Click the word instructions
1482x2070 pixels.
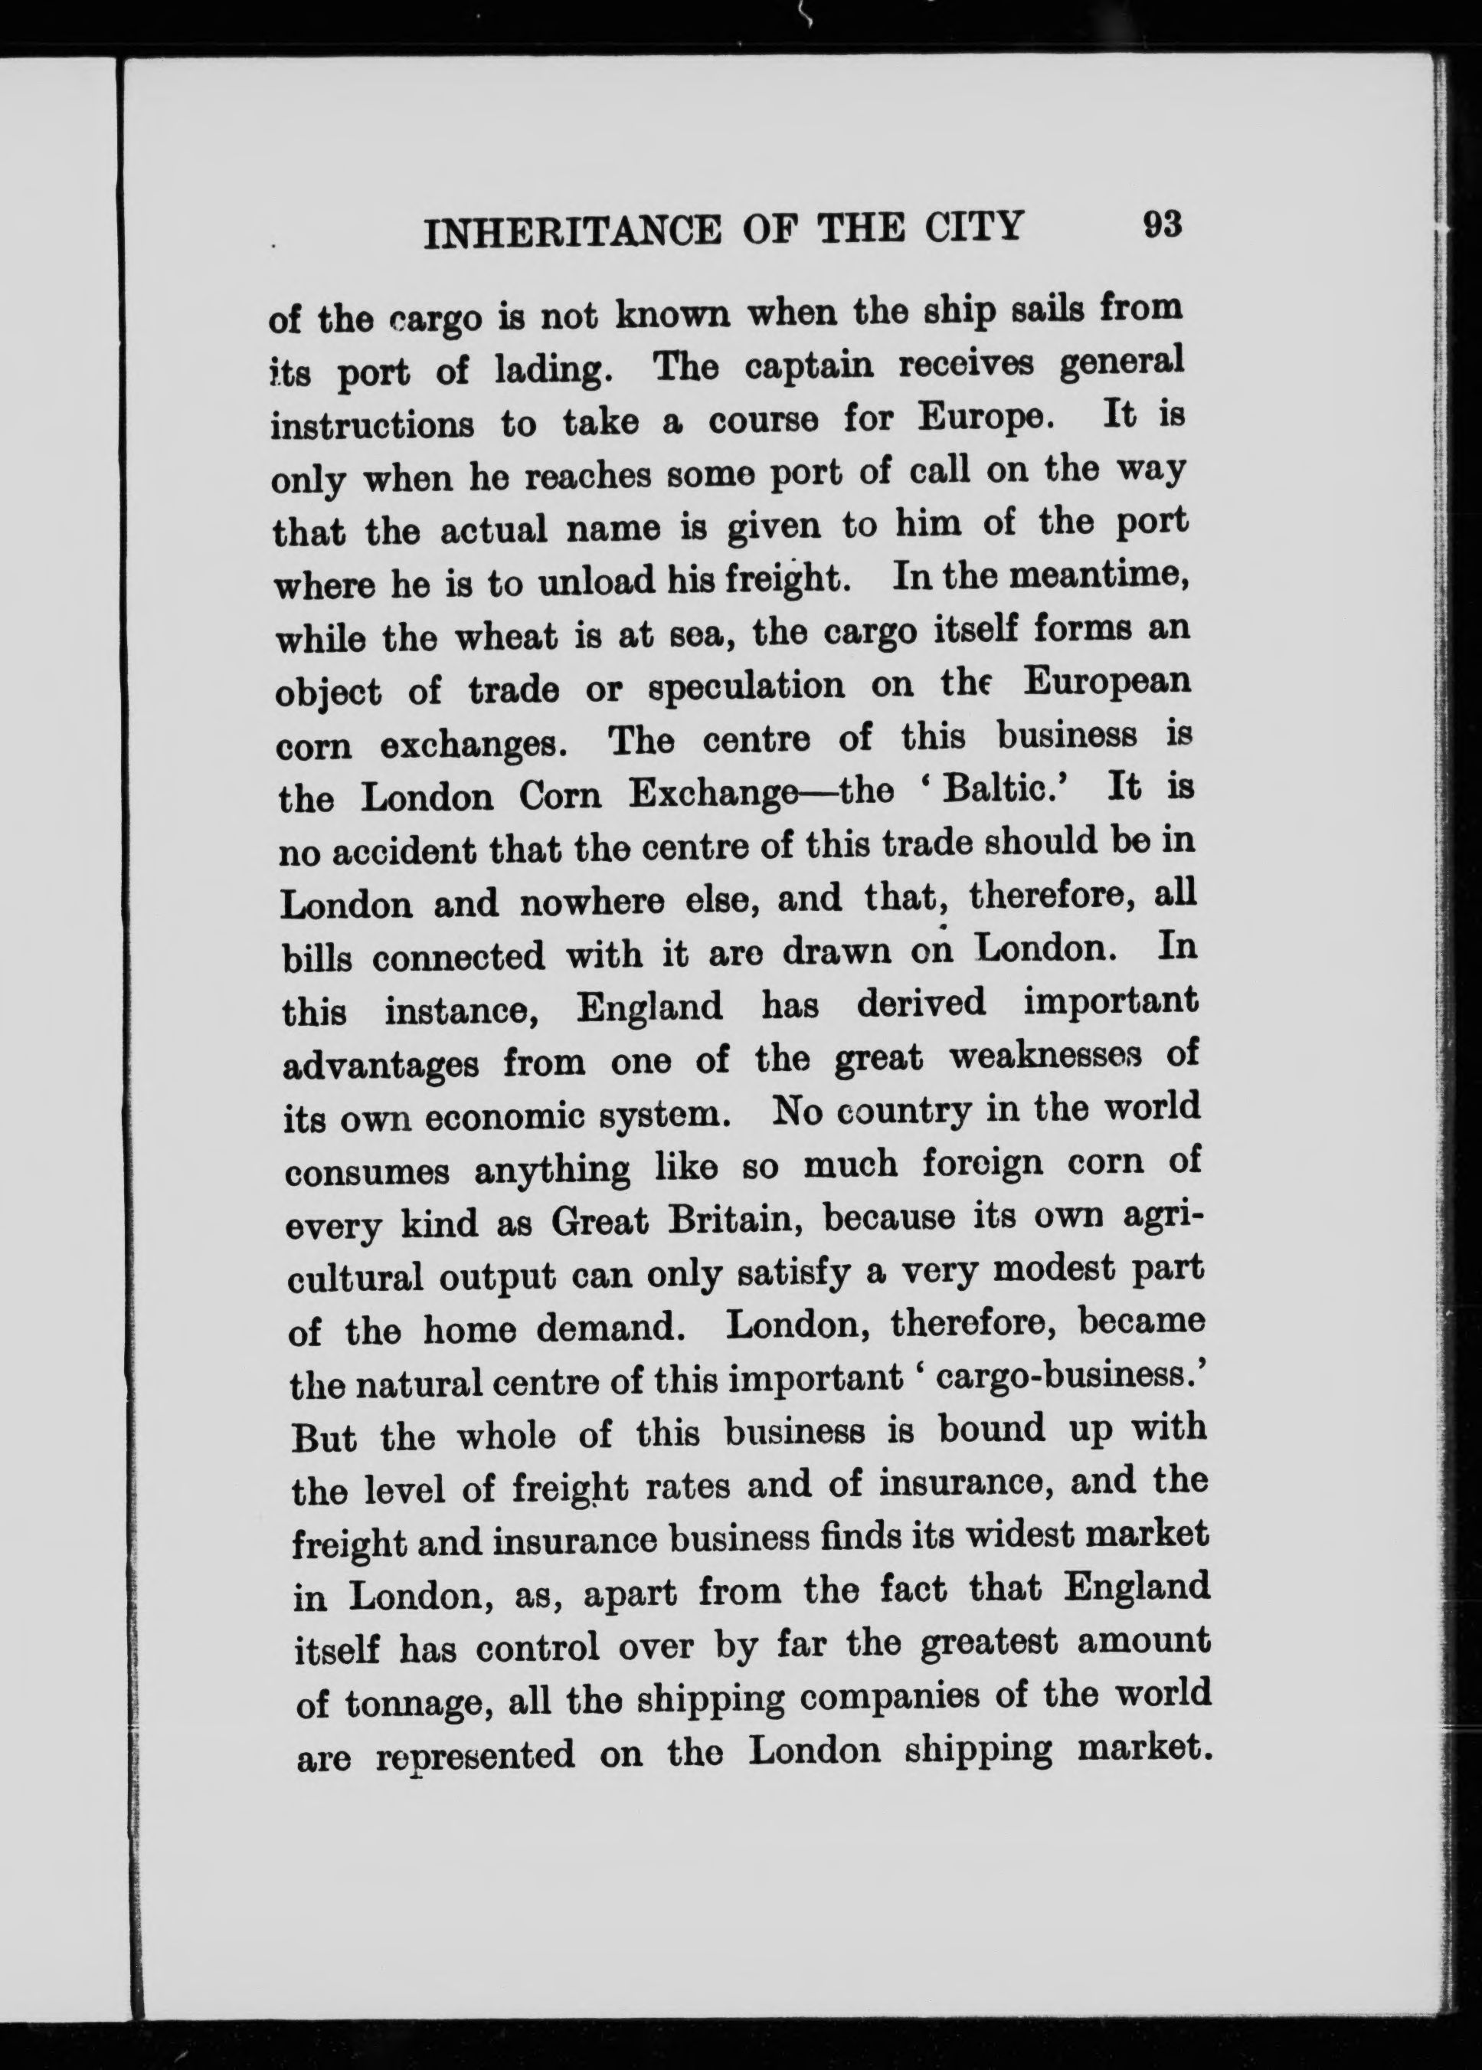[x=371, y=425]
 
